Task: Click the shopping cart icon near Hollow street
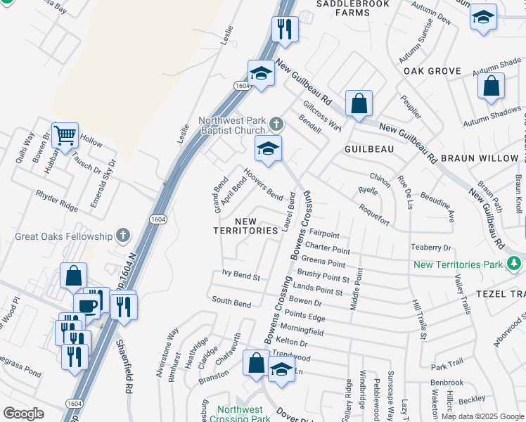[64, 134]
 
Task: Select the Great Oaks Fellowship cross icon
[123, 235]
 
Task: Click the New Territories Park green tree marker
[514, 264]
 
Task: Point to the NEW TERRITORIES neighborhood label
[246, 225]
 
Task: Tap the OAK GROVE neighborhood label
[432, 71]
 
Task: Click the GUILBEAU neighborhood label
[367, 150]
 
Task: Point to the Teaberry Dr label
[430, 248]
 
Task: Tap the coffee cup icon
[87, 306]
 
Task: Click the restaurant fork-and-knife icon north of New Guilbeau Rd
[285, 28]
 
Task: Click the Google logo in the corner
[23, 413]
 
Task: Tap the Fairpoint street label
[323, 234]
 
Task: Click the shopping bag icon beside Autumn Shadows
[491, 87]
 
